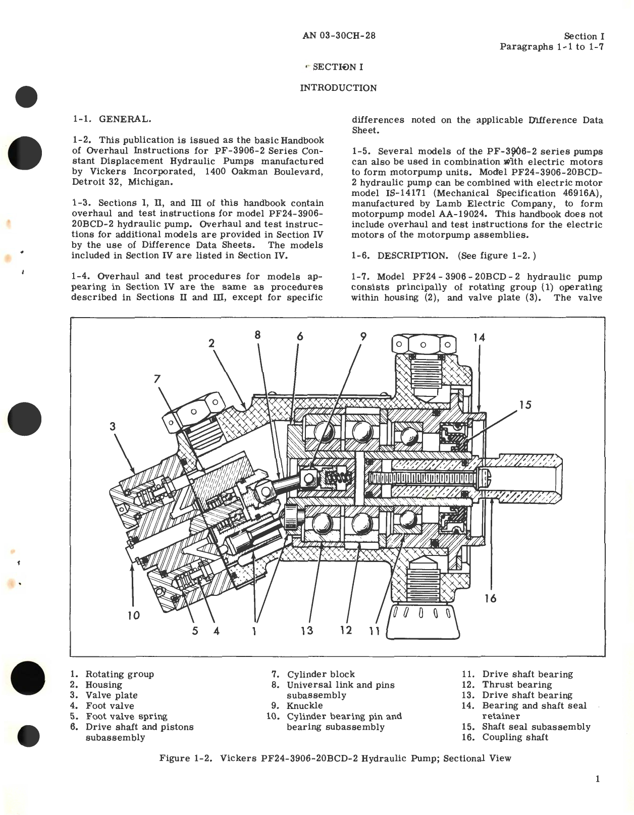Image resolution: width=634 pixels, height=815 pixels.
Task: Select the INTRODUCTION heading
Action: [338, 88]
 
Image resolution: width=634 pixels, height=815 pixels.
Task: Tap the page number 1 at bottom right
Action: [598, 779]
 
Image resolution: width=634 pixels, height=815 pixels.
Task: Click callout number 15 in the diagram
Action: [525, 404]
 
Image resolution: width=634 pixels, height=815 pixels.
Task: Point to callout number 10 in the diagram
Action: [133, 615]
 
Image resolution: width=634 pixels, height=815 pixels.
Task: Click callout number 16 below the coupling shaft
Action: [490, 598]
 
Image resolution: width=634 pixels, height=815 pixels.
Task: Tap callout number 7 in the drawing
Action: [157, 378]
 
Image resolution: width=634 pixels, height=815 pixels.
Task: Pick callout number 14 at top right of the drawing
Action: [479, 337]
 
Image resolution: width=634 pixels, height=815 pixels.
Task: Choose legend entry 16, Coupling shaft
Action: [514, 737]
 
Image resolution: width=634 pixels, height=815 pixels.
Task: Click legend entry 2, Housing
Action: [103, 685]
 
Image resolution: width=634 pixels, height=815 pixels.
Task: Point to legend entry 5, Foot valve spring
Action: [126, 716]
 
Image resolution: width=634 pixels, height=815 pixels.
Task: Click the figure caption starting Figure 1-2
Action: [335, 758]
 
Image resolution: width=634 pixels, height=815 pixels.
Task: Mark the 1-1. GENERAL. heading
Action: [111, 119]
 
